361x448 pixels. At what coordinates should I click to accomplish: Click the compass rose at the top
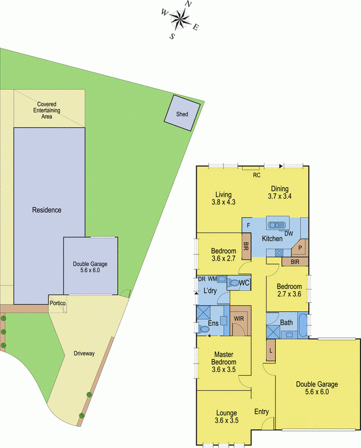180,21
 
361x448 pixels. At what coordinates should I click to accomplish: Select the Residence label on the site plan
47,210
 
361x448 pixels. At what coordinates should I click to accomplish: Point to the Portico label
57,303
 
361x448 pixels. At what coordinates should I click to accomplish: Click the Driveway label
84,353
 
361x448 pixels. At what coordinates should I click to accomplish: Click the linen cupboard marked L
271,350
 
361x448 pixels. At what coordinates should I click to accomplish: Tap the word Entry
262,412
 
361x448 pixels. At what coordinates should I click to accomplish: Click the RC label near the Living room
257,175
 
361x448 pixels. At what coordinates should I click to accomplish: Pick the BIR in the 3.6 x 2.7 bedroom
246,246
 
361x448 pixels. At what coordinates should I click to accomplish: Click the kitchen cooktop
277,253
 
